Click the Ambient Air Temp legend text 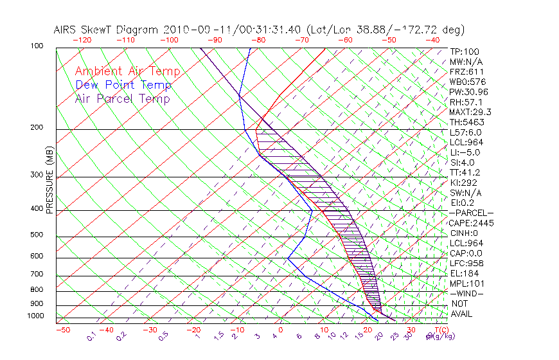(x=127, y=71)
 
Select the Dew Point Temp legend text (x=123, y=85)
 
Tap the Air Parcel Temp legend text (x=122, y=98)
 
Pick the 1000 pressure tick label (x=36, y=316)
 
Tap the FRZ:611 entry (x=466, y=71)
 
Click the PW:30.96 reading (x=468, y=92)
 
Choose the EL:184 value (x=464, y=273)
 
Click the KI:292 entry (x=464, y=183)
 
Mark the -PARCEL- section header (x=471, y=213)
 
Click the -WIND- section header (x=466, y=293)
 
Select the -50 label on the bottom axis (x=62, y=330)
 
